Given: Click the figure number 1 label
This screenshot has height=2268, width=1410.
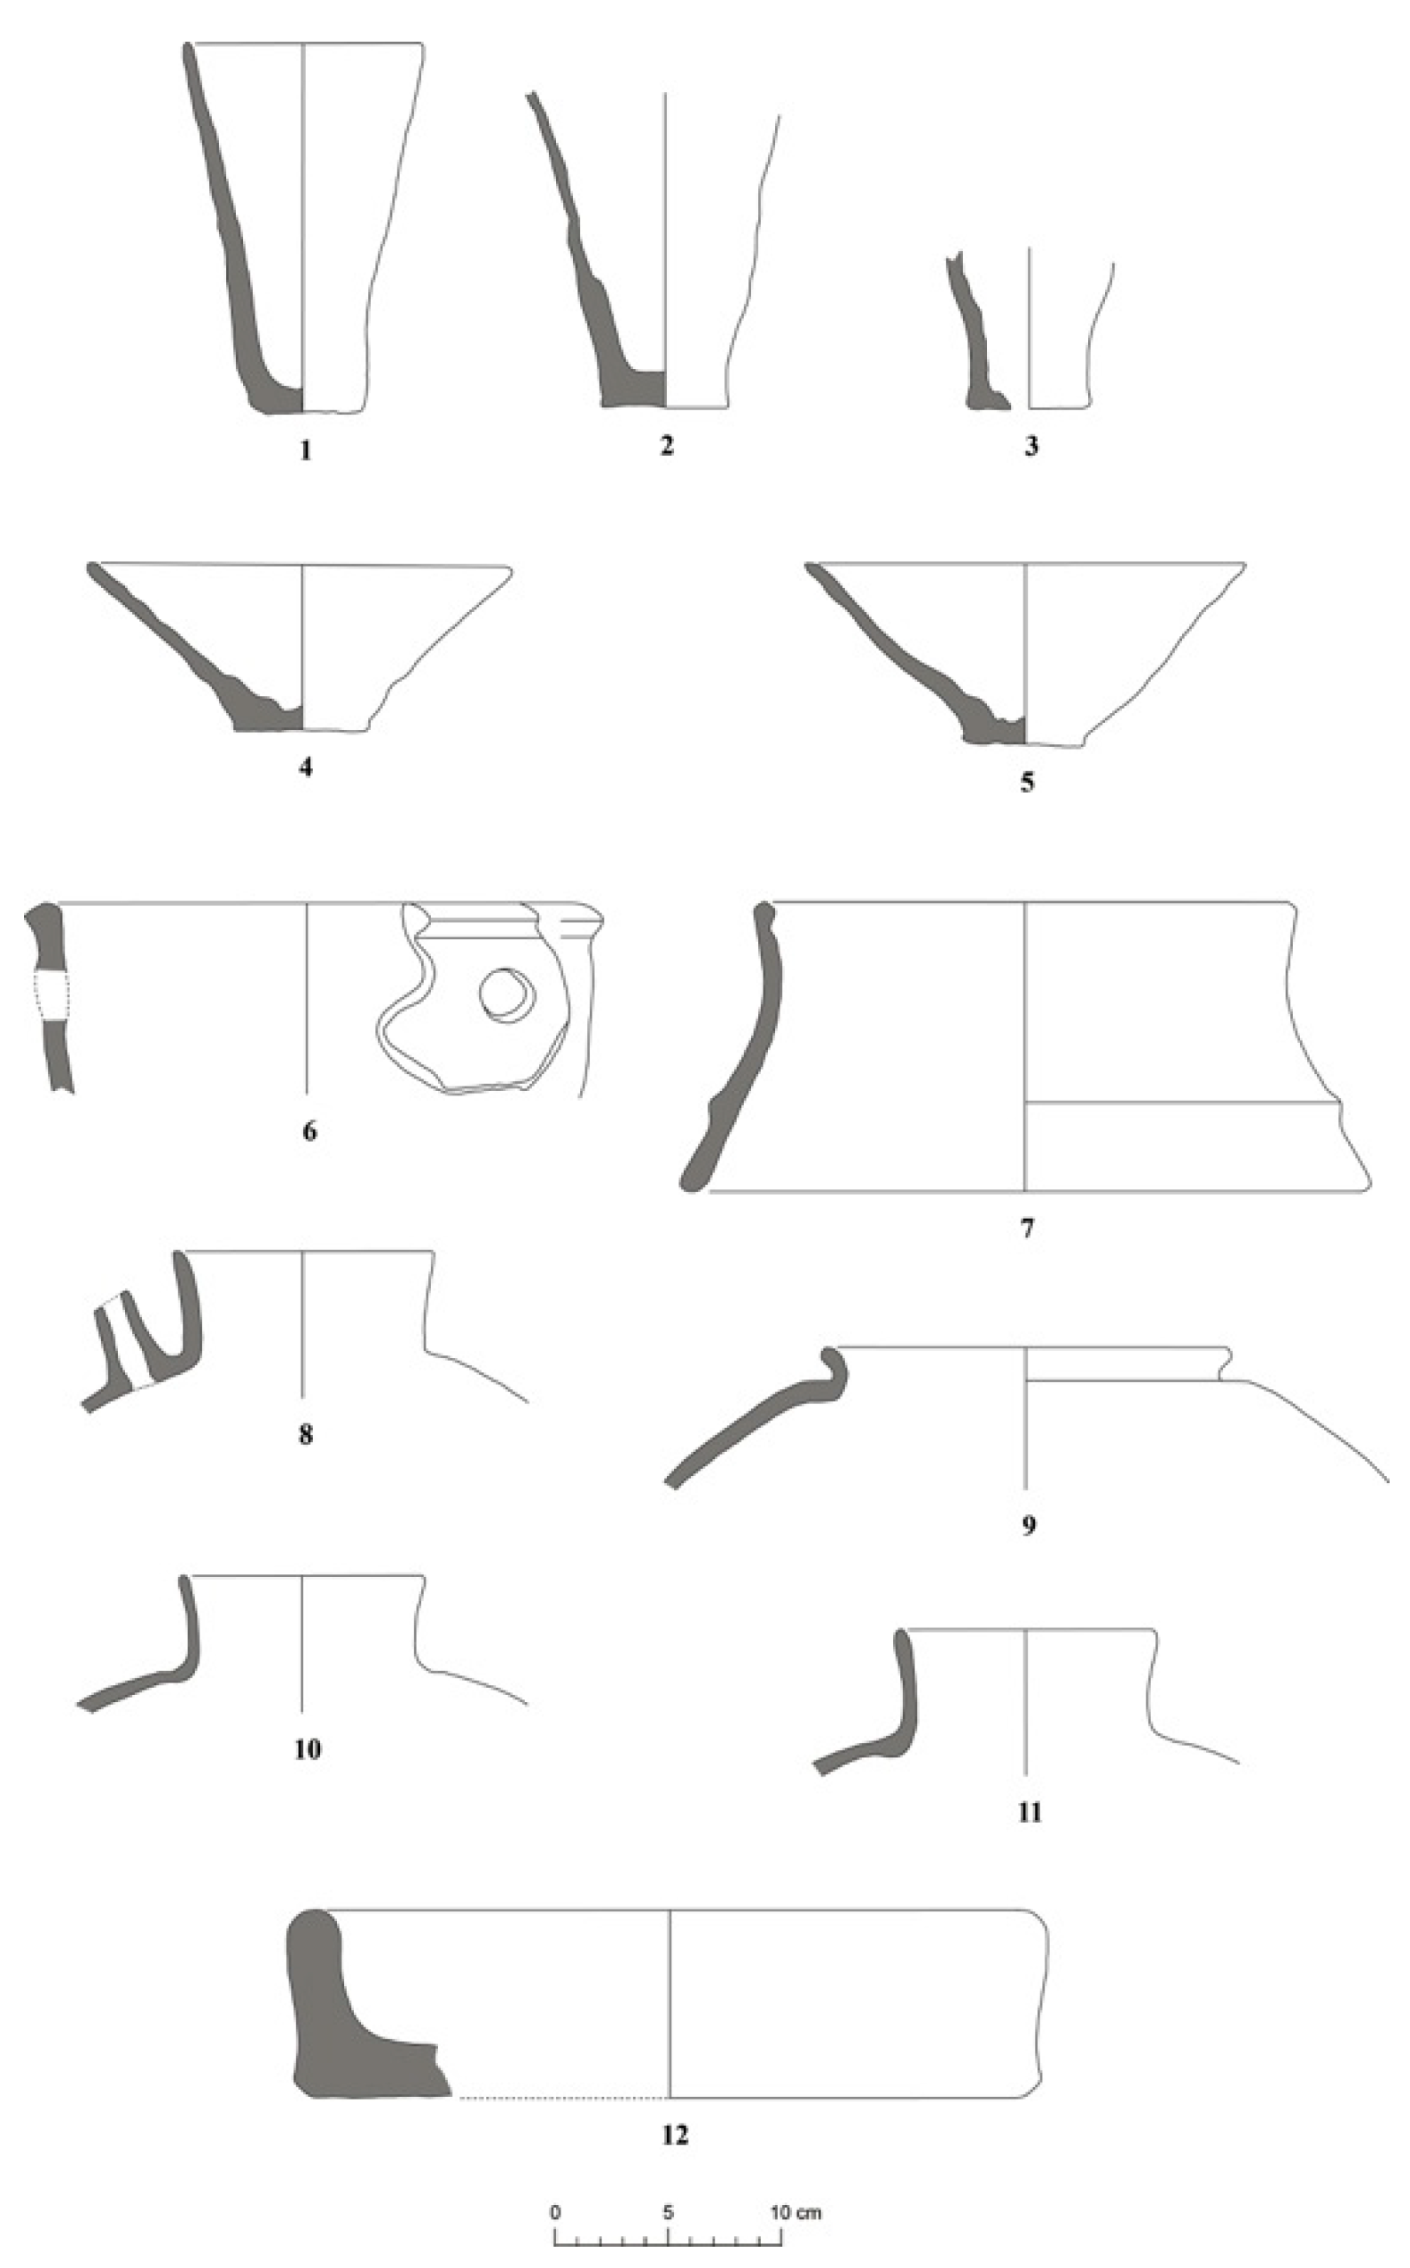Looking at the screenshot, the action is coord(305,451).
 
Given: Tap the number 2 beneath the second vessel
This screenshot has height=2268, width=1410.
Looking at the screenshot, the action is coord(666,446).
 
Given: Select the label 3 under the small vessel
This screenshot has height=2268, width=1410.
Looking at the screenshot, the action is coord(1030,447).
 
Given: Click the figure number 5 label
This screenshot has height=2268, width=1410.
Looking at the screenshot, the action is coord(1027,781).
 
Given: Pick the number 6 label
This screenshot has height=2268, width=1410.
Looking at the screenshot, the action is coord(309,1131).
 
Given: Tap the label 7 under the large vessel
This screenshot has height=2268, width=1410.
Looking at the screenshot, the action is coord(1027,1228).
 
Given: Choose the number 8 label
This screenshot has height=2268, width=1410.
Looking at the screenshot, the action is coord(306,1434).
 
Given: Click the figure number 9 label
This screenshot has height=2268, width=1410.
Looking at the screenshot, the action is coord(1029,1526).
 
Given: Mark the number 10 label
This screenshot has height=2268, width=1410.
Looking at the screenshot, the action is coord(308,1749).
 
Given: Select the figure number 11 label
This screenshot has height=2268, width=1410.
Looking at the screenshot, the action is coord(1030,1812).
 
